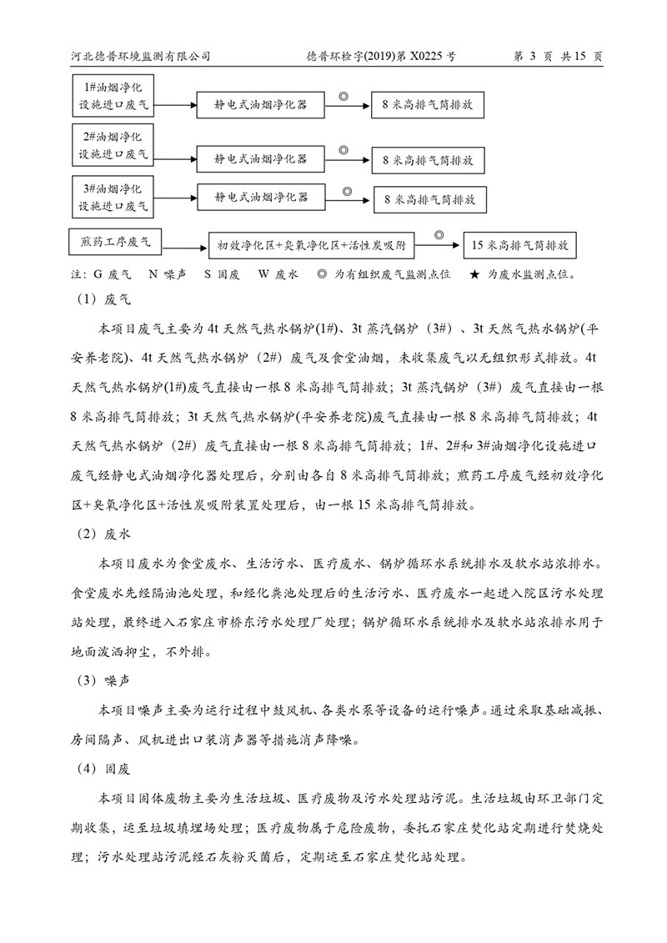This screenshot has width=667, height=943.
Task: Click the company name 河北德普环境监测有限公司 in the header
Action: click(140, 56)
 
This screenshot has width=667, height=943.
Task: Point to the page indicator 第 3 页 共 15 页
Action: click(559, 56)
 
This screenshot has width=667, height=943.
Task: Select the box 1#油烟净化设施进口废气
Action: click(113, 96)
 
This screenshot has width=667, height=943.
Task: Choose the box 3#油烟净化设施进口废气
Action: click(113, 193)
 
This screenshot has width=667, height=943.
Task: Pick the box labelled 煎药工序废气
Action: click(116, 243)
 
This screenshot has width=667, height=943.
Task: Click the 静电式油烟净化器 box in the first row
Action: click(260, 105)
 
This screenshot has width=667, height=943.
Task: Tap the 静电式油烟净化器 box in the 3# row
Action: click(260, 198)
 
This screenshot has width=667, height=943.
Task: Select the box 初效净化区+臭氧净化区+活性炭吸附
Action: click(311, 246)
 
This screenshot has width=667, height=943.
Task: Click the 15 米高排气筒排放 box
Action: click(519, 246)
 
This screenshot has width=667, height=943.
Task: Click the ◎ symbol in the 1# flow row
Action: click(342, 97)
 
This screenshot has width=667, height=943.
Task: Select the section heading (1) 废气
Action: click(106, 297)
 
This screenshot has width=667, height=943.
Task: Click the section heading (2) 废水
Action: click(106, 530)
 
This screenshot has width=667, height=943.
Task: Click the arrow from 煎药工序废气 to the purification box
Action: click(185, 245)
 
